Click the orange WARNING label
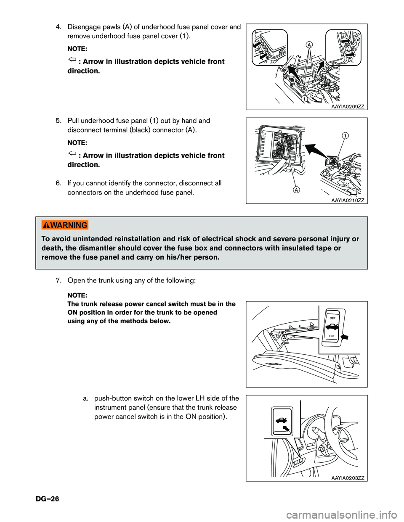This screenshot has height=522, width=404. tap(65, 225)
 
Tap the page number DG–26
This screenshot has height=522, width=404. tap(47, 499)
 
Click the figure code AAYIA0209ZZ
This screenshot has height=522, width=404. tap(348, 107)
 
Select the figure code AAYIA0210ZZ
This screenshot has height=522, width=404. tap(348, 200)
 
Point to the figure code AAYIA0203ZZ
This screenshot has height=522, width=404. tap(348, 478)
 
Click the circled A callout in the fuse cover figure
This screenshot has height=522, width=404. tap(309, 45)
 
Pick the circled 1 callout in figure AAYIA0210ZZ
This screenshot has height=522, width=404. tap(345, 135)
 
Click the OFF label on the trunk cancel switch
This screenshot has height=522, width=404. tap(332, 318)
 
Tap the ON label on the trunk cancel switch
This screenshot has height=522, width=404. tap(332, 336)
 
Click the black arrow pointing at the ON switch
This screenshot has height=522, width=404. tap(346, 337)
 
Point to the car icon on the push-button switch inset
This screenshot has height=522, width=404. tap(281, 419)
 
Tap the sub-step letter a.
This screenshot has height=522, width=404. tap(85, 398)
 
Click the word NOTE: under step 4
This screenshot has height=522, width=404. tap(77, 49)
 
